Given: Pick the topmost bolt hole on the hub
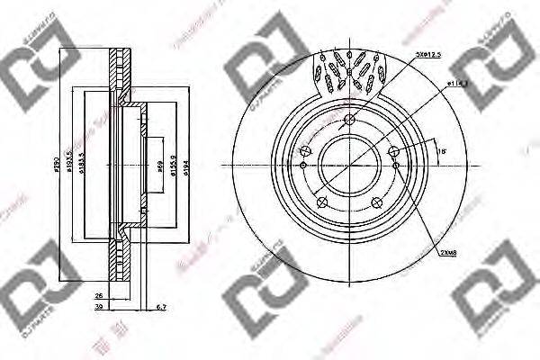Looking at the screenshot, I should pyautogui.click(x=350, y=121).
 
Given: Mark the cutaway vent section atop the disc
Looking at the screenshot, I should pyautogui.click(x=350, y=72).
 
